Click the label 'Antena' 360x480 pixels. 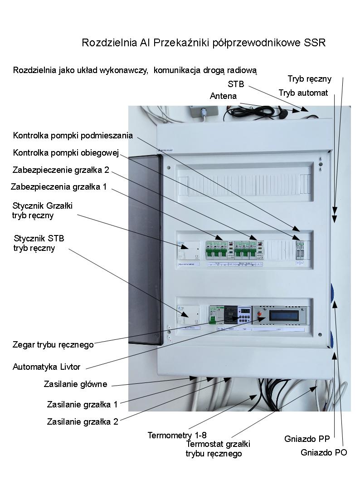(x=223, y=96)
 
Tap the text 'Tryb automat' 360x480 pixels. (x=303, y=93)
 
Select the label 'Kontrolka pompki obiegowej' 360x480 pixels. (x=66, y=153)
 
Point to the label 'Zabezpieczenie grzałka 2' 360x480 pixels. (x=61, y=170)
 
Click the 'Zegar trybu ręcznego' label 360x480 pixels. (x=53, y=344)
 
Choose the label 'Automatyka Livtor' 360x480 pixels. (x=46, y=367)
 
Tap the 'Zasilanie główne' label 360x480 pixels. (x=75, y=384)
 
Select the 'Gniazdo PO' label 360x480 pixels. (x=324, y=452)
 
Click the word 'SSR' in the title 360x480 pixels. (x=315, y=43)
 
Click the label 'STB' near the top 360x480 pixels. (x=236, y=84)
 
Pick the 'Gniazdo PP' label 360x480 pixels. (x=307, y=439)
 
